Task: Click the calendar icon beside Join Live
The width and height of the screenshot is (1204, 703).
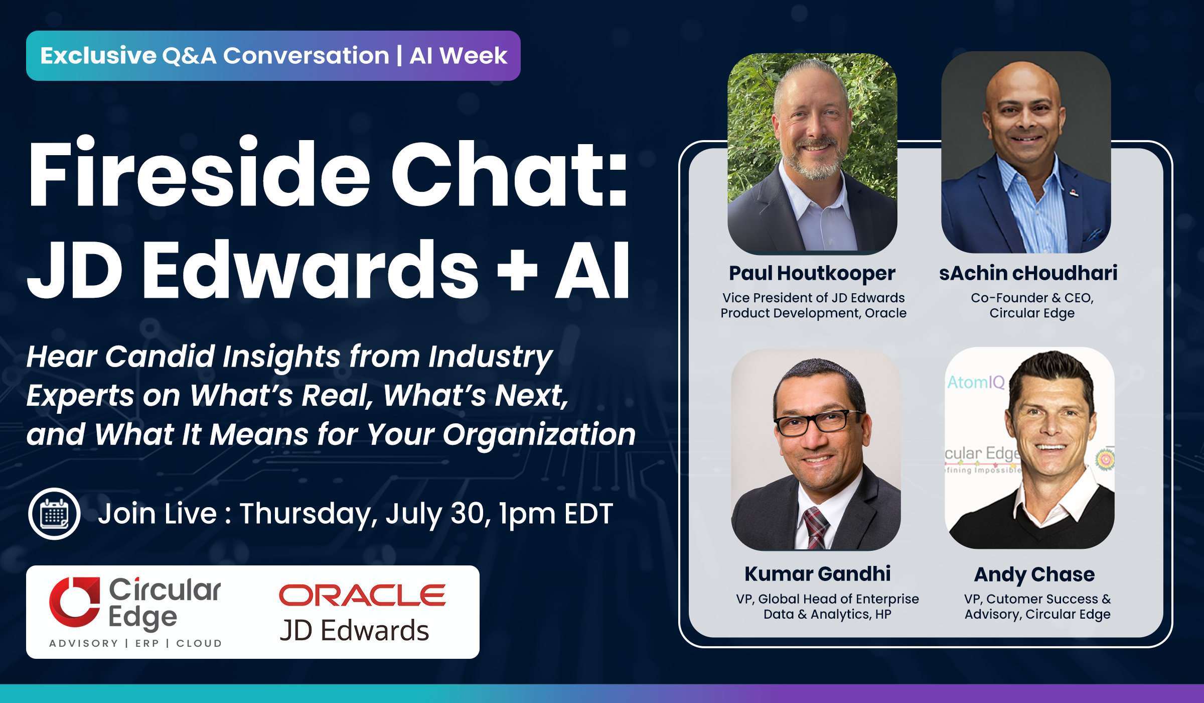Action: click(54, 514)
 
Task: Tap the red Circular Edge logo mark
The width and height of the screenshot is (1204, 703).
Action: click(75, 602)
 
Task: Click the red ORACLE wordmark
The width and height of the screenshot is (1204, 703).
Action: click(362, 595)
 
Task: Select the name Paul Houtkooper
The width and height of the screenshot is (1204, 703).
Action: click(812, 274)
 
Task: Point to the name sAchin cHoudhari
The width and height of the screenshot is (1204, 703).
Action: click(1028, 273)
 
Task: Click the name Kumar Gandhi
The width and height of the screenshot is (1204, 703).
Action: click(818, 573)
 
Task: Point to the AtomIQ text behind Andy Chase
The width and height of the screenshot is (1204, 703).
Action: click(976, 383)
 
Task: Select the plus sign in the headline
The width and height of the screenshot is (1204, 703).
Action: click(517, 272)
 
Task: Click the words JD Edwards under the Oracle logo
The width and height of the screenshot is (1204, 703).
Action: click(354, 630)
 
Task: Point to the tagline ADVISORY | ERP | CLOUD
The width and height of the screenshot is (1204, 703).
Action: click(135, 643)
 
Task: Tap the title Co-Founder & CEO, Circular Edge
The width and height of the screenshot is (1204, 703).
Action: click(1032, 305)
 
